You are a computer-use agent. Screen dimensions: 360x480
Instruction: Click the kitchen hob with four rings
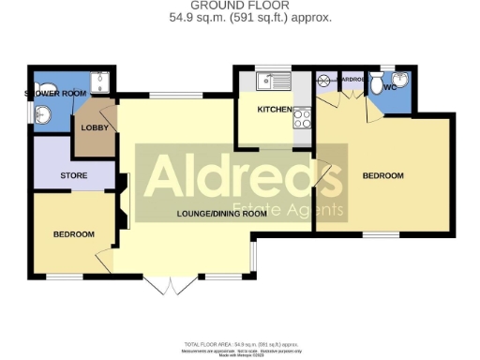tap(304, 119)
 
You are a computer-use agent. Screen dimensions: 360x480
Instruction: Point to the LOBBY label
tap(95, 127)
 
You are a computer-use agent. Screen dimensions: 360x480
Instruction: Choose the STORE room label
tap(74, 175)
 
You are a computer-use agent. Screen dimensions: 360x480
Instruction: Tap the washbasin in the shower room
tap(43, 114)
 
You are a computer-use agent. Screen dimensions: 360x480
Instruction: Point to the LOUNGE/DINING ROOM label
tap(222, 214)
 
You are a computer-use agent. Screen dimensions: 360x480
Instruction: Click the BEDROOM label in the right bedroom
tap(382, 176)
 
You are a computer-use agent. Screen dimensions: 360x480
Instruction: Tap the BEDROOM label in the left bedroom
tap(73, 234)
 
